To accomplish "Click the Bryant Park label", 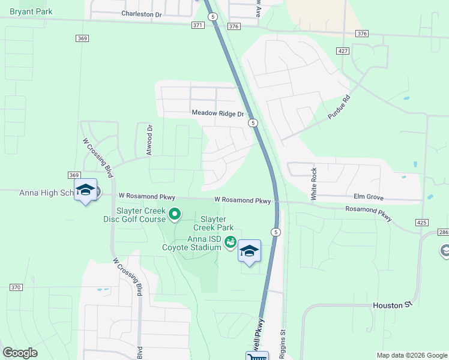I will (x=27, y=11).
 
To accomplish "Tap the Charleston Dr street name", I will (x=142, y=13).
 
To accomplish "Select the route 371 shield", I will (x=198, y=25).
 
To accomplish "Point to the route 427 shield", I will (x=343, y=52).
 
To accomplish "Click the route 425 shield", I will (x=421, y=222).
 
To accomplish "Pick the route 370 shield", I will (x=16, y=287).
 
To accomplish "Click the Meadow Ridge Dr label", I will (x=218, y=113).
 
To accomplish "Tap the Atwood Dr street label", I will (x=150, y=140).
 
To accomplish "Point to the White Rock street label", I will (x=313, y=184).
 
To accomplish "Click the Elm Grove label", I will (x=369, y=196).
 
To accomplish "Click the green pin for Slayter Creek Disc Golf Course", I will (x=175, y=214).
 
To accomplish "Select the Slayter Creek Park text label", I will (x=213, y=223).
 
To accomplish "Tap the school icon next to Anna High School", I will (x=85, y=190).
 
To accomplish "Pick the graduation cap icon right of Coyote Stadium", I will (x=249, y=251).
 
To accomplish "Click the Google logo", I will (x=20, y=353).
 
